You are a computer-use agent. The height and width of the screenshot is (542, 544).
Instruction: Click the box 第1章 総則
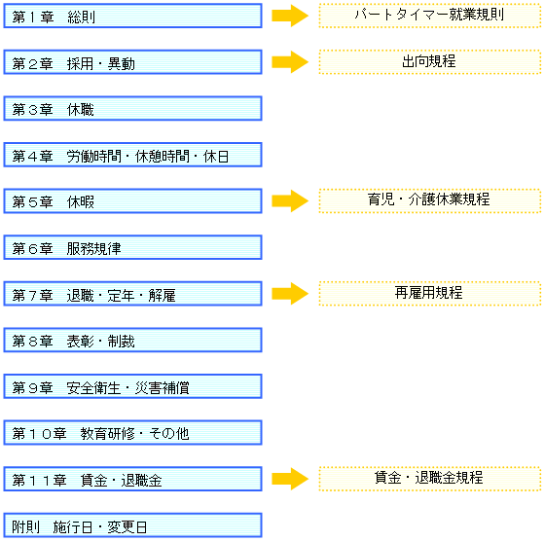click(133, 16)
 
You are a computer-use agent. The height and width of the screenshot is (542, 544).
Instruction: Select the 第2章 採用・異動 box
click(133, 62)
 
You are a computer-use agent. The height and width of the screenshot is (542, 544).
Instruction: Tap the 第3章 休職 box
click(133, 109)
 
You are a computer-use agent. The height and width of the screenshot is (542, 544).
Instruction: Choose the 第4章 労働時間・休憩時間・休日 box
click(133, 155)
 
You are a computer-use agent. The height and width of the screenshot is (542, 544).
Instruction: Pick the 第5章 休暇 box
click(133, 201)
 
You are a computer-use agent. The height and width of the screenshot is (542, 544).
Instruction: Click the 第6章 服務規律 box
click(133, 247)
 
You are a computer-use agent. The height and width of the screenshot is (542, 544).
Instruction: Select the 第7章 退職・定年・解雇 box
click(133, 294)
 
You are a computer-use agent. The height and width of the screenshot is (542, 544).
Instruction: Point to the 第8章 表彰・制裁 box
click(133, 340)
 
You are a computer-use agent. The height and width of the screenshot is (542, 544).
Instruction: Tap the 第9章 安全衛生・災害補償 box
click(133, 386)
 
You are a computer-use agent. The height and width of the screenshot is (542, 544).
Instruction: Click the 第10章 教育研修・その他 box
click(133, 433)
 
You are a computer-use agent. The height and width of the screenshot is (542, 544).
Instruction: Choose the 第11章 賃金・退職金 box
click(133, 479)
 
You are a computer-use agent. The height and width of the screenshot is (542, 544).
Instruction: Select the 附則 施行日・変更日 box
click(133, 525)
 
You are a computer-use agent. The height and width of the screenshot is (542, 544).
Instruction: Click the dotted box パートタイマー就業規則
click(430, 16)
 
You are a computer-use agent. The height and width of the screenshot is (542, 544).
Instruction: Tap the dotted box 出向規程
click(430, 62)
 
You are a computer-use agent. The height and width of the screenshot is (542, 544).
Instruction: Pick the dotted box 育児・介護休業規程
click(430, 200)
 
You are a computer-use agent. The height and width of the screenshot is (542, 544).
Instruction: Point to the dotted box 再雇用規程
click(430, 294)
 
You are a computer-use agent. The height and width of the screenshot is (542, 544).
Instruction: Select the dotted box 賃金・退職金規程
click(430, 479)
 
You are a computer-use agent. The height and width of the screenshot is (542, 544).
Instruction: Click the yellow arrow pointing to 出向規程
click(290, 62)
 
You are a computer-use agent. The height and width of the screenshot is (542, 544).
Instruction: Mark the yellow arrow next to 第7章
click(290, 294)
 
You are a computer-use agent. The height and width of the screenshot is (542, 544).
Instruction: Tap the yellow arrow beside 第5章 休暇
click(290, 200)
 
